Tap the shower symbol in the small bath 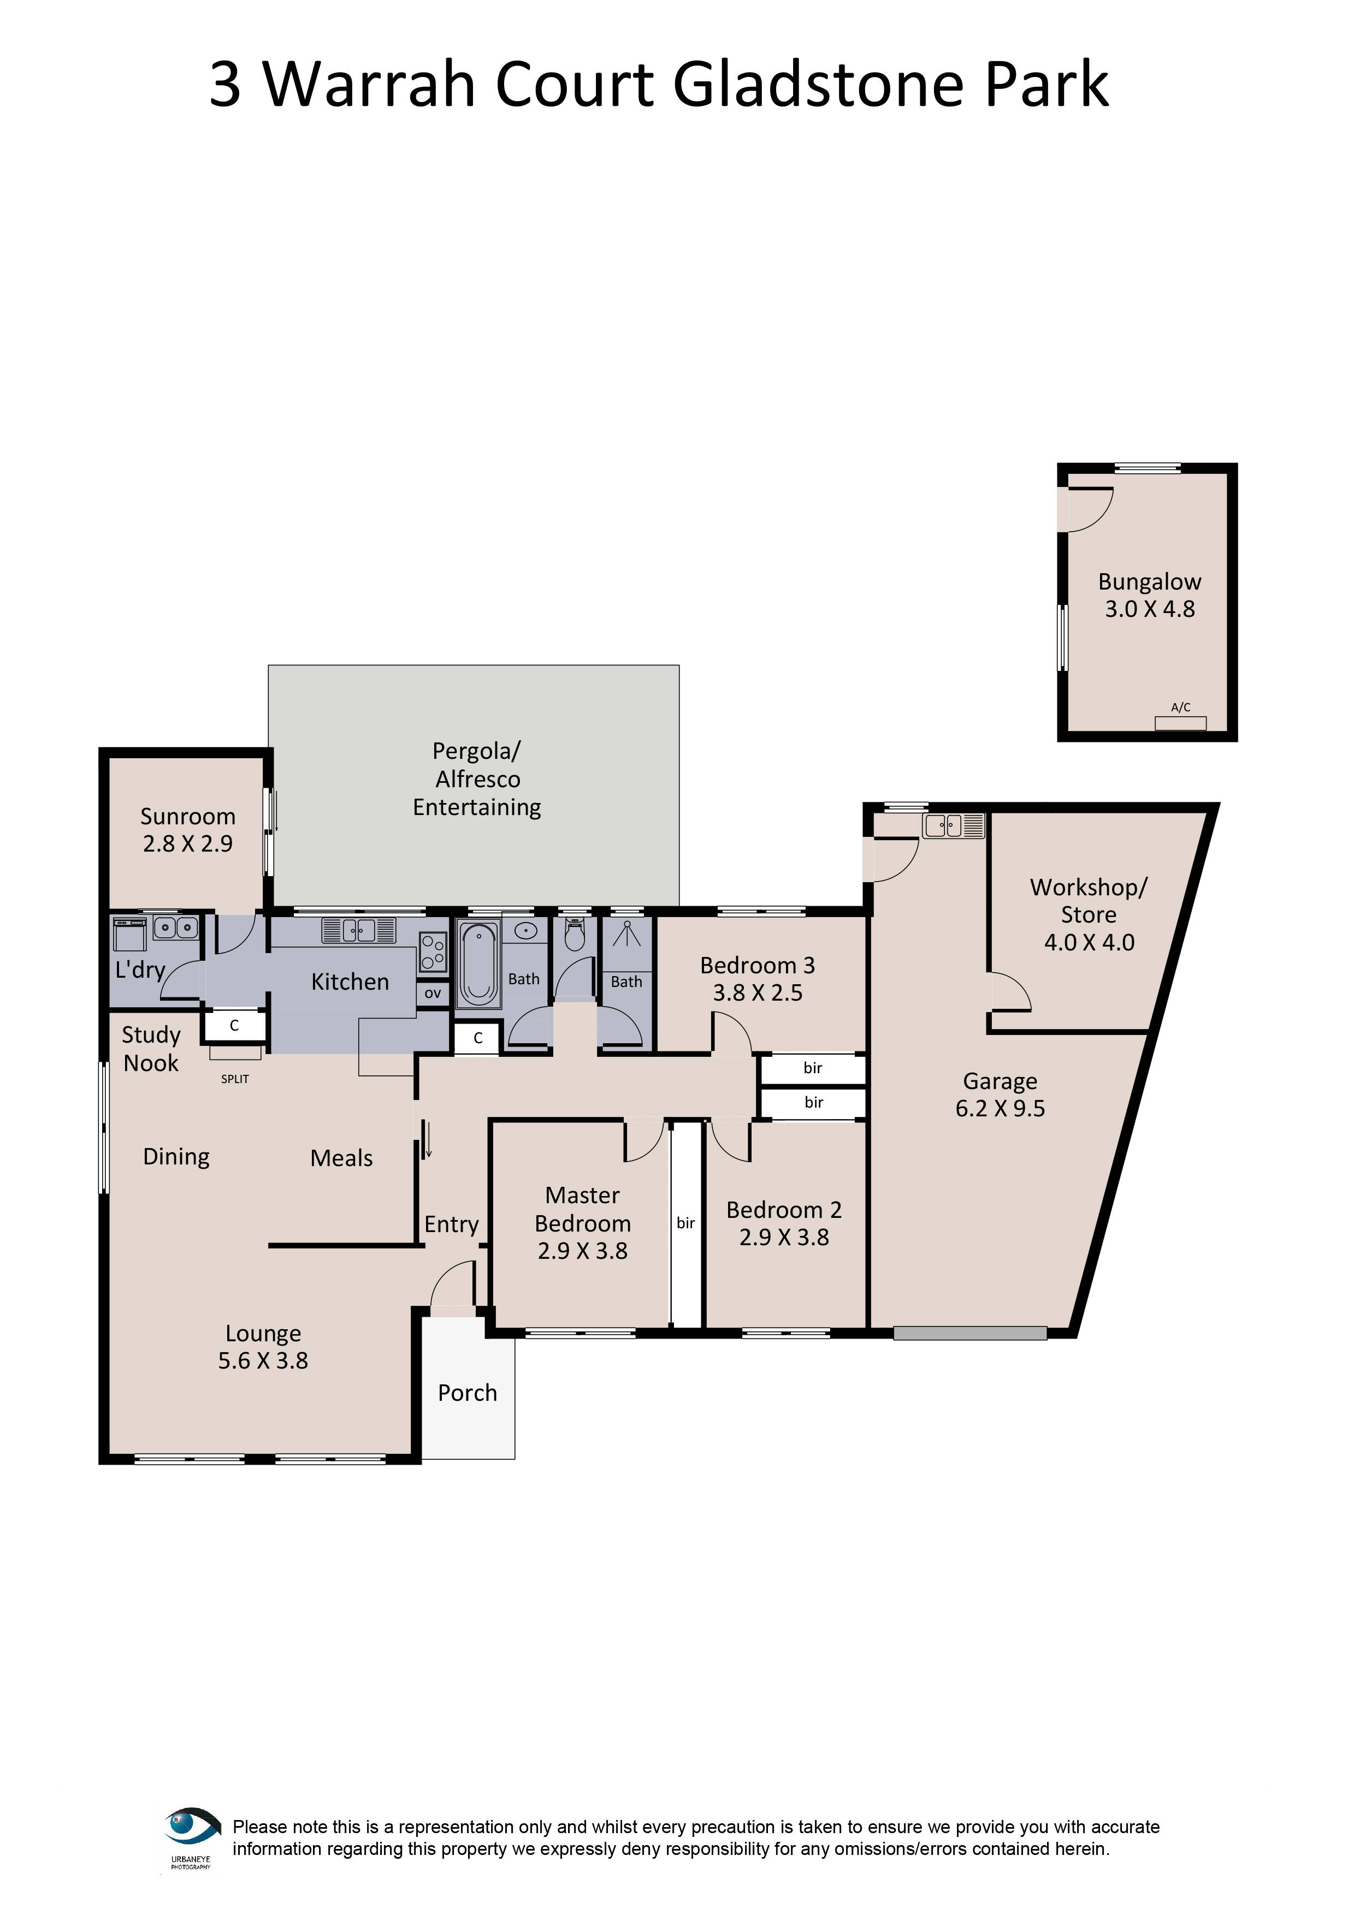click(626, 935)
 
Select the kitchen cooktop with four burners click(432, 951)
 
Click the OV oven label click(432, 994)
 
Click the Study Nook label click(151, 1049)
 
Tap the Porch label click(467, 1393)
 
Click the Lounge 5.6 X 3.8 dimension click(263, 1360)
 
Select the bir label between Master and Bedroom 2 click(686, 1223)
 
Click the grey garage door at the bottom click(969, 1333)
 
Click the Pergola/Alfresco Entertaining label click(476, 779)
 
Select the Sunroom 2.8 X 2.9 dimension click(188, 843)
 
